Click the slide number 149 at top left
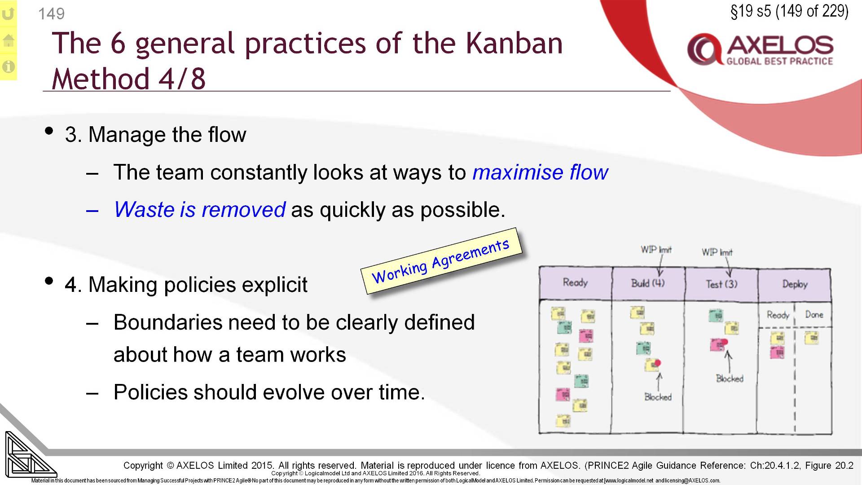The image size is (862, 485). click(x=51, y=14)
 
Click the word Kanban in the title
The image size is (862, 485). click(x=514, y=44)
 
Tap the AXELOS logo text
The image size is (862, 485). click(x=780, y=45)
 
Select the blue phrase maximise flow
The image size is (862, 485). click(x=540, y=172)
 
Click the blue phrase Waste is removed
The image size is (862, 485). click(x=200, y=210)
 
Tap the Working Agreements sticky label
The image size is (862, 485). click(x=441, y=262)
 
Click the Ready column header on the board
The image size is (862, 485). click(x=575, y=282)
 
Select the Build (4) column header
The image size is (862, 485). click(x=648, y=283)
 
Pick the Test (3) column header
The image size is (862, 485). click(x=721, y=284)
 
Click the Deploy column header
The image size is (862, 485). click(x=795, y=284)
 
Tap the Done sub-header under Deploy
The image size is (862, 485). click(x=814, y=314)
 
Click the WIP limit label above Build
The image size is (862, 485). click(x=656, y=250)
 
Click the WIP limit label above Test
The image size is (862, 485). click(x=717, y=252)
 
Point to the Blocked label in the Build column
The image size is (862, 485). click(x=658, y=397)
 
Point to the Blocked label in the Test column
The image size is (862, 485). click(x=730, y=379)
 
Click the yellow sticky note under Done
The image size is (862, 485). click(x=811, y=338)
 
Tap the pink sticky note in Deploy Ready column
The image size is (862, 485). click(x=777, y=352)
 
